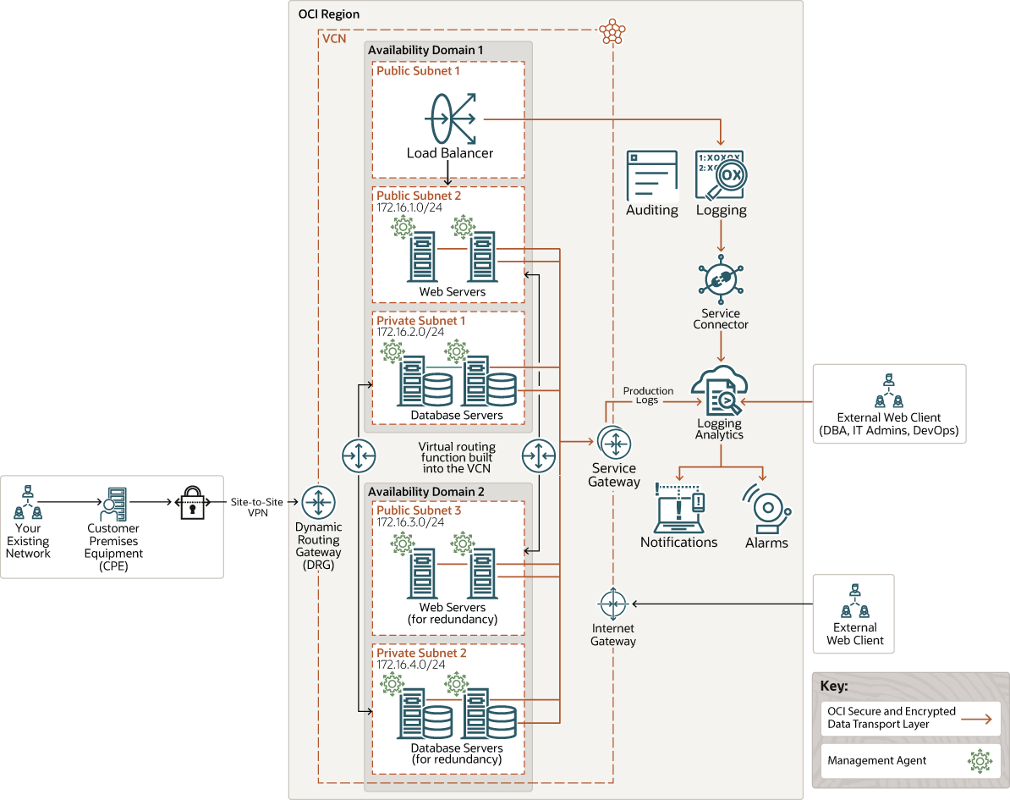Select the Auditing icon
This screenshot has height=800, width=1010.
pos(651,176)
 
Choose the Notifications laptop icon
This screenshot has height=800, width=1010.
pos(679,509)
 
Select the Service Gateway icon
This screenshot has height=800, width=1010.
pos(613,443)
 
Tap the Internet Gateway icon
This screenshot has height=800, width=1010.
pos(612,604)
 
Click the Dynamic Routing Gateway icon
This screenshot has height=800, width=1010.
pos(318,502)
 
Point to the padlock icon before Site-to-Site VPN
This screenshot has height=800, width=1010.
pos(191,502)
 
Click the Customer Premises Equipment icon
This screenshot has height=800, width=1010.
pos(113,505)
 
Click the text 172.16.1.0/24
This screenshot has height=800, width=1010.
pos(410,207)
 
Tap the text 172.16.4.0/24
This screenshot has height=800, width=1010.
pos(410,665)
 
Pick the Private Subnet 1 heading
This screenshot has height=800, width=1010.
pos(421,321)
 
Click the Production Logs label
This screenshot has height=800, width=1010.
pos(648,395)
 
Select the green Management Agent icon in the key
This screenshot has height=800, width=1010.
pos(980,760)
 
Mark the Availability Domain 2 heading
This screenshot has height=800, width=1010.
pos(426,492)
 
